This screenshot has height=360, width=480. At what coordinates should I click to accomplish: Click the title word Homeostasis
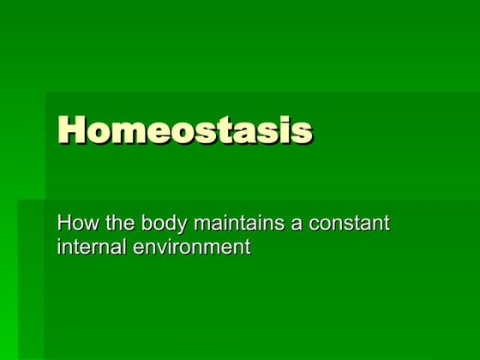point(184,131)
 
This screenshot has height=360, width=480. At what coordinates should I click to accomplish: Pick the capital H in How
point(63,225)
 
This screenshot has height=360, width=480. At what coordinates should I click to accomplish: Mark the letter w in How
point(87,226)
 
